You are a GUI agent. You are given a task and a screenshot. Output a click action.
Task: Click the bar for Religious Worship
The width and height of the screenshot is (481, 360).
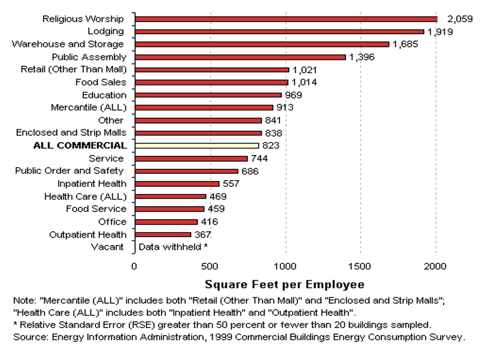[285, 19]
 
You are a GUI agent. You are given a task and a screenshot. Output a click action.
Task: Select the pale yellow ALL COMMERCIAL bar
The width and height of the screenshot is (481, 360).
[196, 145]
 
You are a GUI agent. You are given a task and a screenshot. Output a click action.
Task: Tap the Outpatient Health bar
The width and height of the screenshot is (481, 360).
[163, 234]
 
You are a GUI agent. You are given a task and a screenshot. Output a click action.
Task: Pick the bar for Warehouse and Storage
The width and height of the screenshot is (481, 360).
[261, 44]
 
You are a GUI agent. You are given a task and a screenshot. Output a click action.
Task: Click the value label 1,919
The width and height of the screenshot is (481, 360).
[440, 32]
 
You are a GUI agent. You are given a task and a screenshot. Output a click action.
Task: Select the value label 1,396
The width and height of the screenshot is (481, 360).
[361, 57]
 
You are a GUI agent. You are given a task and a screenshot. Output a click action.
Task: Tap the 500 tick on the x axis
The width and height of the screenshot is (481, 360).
[209, 266]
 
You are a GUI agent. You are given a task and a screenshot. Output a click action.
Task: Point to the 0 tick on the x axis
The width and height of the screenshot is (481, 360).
[134, 266]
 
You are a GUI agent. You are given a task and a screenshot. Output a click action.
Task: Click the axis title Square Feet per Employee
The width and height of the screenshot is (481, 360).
[284, 284]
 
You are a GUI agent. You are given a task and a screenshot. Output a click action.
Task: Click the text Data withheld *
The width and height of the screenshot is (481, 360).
[173, 247]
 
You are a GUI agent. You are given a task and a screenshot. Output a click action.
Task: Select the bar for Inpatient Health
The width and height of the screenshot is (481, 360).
[177, 183]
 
